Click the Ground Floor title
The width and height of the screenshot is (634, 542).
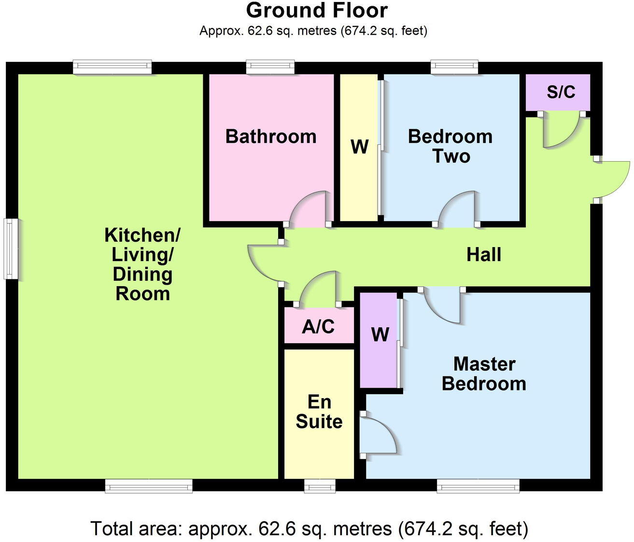point(317,11)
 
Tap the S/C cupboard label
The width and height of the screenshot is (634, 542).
point(561,92)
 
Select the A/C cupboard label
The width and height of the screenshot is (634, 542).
point(318,327)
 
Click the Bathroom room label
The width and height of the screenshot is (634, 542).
point(270,137)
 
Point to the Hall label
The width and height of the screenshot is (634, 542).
point(483,254)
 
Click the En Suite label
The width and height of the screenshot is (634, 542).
point(319,412)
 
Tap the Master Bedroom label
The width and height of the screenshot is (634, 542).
point(484,374)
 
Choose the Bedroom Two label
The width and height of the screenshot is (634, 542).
point(450,146)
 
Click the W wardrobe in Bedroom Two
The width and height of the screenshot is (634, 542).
point(359,147)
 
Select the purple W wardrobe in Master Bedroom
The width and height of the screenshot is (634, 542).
point(380,334)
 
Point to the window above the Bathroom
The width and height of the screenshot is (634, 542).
point(270,67)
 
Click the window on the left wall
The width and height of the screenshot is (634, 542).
point(11,249)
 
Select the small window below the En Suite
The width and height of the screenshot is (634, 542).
point(320,486)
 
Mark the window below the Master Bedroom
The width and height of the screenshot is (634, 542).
point(478,486)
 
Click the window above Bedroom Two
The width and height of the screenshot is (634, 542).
point(454,67)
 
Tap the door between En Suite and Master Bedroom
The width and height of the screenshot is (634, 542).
point(380,434)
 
